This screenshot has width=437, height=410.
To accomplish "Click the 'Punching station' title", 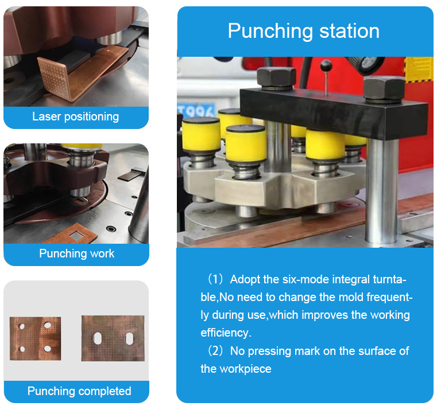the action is (x=304, y=31).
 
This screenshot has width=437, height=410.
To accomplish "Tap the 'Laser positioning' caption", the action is (x=76, y=116).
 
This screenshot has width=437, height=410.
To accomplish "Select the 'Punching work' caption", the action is (x=76, y=253).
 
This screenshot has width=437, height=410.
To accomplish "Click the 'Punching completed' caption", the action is (x=79, y=391).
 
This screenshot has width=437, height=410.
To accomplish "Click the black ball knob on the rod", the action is (x=326, y=66).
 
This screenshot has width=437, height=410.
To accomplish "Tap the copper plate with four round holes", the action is (x=36, y=338).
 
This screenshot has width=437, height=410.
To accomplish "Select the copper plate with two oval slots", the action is (x=113, y=338).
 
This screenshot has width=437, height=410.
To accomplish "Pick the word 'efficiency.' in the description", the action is (x=226, y=333).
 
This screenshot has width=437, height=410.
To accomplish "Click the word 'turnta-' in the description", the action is (x=389, y=279).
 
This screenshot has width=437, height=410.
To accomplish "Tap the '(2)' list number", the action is (x=215, y=351).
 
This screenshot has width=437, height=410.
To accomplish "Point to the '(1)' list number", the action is (x=215, y=279).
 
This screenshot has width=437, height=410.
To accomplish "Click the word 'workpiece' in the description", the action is (x=246, y=369).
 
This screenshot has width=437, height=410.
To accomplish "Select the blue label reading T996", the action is (x=196, y=111).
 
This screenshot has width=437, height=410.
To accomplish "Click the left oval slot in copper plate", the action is (x=97, y=338).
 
